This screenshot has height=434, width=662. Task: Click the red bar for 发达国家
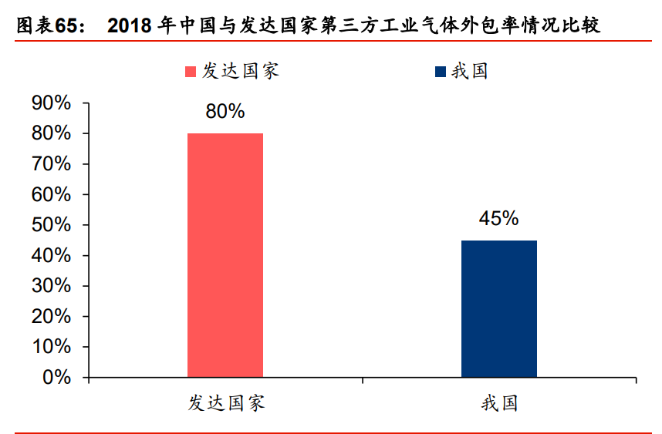225,255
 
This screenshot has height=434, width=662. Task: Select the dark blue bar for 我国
498,308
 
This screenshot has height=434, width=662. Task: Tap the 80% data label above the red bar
225,112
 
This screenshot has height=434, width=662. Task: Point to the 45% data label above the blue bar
498,219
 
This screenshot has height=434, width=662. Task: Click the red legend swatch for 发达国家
191,72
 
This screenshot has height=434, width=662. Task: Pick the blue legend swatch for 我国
441,72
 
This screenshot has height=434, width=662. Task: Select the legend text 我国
470,71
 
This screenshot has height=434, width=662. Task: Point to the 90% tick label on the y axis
51,103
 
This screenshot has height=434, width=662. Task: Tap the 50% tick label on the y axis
51,225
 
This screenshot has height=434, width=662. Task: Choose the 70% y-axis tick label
51,164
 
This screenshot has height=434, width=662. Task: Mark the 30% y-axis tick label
51,286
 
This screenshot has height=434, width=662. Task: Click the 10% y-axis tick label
51,347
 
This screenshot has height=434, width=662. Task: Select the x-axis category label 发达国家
226,403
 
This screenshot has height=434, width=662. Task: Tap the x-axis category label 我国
498,403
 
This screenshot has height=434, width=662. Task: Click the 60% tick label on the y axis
51,195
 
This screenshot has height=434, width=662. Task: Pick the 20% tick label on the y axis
51,317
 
